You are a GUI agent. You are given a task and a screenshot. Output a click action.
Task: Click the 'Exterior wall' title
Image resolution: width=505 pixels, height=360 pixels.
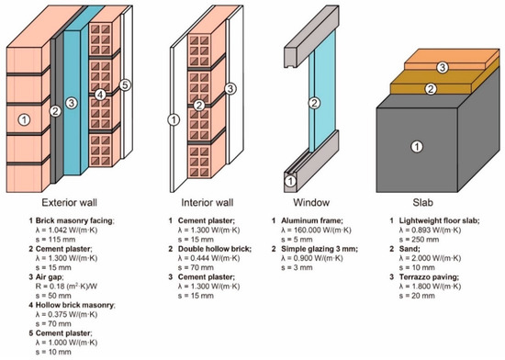pyautogui.click(x=69, y=203)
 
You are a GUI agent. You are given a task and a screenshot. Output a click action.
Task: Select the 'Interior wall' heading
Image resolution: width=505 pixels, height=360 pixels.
pyautogui.click(x=208, y=203)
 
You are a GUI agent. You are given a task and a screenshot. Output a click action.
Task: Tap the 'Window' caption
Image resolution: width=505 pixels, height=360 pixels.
pyautogui.click(x=311, y=203)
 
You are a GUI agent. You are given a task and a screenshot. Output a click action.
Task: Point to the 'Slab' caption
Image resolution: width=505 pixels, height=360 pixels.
pyautogui.click(x=423, y=203)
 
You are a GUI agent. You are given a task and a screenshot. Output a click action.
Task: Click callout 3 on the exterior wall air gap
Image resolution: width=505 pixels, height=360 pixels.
pyautogui.click(x=72, y=103)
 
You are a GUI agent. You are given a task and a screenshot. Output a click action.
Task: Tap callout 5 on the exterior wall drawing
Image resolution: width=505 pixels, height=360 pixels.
pyautogui.click(x=125, y=85)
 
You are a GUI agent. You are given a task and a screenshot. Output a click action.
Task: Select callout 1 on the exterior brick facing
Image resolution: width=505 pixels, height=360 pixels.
pyautogui.click(x=24, y=119)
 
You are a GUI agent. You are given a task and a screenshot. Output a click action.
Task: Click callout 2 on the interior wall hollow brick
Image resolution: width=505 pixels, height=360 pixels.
pyautogui.click(x=199, y=105)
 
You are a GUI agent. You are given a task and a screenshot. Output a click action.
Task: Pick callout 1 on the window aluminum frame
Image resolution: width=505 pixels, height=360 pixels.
pyautogui.click(x=290, y=181)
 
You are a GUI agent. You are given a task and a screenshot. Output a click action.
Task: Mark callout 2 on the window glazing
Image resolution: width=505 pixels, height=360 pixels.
pyautogui.click(x=314, y=103)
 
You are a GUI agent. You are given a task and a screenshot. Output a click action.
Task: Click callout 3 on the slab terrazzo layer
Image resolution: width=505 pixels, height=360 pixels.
pyautogui.click(x=443, y=68)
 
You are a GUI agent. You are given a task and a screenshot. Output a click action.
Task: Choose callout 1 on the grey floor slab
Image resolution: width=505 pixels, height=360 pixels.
pyautogui.click(x=417, y=147)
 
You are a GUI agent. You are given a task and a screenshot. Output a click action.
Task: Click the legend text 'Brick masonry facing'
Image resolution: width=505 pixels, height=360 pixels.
pyautogui.click(x=74, y=221)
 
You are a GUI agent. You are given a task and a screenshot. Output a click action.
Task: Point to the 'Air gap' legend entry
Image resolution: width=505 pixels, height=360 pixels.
pyautogui.click(x=50, y=277)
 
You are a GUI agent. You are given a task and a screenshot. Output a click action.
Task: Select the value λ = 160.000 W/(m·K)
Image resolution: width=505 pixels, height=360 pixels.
pyautogui.click(x=316, y=231)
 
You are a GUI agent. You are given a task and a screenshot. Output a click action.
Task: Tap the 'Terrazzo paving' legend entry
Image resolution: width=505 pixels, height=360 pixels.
pyautogui.click(x=429, y=277)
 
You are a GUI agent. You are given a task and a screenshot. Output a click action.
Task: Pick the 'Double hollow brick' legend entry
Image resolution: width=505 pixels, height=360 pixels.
pyautogui.click(x=215, y=249)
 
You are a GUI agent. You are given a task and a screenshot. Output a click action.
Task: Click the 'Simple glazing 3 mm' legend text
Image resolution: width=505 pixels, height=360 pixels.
pyautogui.click(x=320, y=249)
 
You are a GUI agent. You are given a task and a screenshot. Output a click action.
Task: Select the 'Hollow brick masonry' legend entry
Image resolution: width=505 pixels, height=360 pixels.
pyautogui.click(x=75, y=305)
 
